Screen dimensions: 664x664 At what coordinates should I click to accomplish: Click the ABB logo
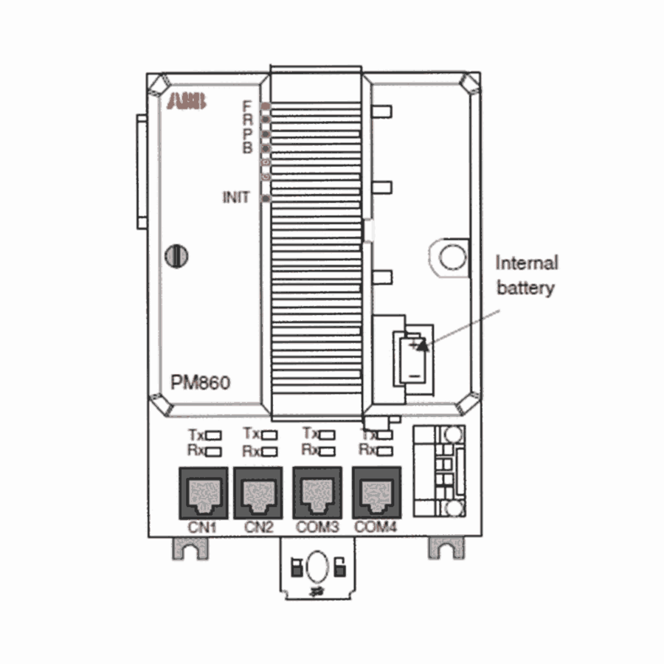187,102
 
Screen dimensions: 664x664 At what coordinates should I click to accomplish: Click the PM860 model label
200,382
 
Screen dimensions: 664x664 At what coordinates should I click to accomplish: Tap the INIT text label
236,197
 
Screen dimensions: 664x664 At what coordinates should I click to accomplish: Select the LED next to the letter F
266,106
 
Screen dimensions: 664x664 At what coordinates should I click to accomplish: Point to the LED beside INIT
266,198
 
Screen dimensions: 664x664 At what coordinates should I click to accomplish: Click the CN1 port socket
204,493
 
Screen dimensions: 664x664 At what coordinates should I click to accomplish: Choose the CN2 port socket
258,493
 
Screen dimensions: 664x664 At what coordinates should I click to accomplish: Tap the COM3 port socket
317,493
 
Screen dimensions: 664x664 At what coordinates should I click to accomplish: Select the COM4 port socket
376,493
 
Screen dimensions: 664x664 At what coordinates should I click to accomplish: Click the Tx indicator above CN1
213,435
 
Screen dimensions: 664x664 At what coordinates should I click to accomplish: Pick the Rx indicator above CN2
269,452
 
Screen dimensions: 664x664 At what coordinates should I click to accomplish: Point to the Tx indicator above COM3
327,435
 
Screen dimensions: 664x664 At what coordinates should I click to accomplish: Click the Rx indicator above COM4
384,451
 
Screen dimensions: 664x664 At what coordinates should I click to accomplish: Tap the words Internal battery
526,275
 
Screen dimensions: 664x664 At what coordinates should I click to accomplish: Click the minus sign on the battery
415,376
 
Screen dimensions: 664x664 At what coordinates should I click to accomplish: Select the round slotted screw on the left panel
176,256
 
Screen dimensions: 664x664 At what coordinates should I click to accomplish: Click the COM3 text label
317,528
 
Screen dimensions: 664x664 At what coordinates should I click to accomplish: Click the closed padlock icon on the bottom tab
297,567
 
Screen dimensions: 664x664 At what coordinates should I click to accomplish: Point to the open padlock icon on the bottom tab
339,567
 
